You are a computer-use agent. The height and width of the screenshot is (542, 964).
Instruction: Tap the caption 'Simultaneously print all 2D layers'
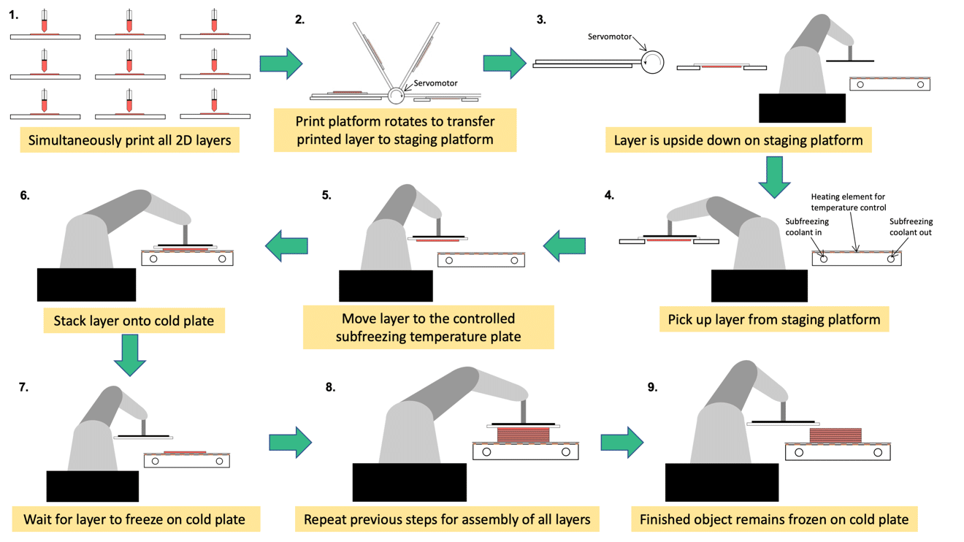point(129,140)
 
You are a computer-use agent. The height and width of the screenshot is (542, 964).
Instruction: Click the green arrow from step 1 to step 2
point(281,64)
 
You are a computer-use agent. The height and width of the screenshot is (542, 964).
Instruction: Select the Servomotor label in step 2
point(435,83)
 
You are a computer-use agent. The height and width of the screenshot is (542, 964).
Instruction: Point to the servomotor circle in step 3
point(652,62)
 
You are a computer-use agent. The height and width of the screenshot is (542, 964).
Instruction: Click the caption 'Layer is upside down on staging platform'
point(738,140)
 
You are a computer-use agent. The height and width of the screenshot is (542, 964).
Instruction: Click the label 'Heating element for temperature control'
point(849,202)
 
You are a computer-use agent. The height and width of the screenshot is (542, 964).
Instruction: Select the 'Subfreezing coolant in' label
point(807,227)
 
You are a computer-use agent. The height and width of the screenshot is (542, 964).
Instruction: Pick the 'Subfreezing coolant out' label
point(911,227)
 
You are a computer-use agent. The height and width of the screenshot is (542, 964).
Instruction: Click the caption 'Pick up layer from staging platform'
point(773,320)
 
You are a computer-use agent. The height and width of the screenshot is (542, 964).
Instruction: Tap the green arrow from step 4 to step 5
point(565,246)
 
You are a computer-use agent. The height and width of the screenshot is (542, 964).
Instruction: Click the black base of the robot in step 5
point(386,285)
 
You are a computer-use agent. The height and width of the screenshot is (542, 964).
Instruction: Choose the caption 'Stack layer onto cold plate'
point(134,321)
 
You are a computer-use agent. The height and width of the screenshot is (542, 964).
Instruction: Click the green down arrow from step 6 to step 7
point(130,356)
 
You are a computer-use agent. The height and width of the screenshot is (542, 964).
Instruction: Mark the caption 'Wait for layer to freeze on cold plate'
point(134,520)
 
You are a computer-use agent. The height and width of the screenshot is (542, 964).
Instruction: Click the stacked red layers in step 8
point(523,435)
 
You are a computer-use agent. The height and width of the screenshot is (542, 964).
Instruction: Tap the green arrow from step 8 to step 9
point(621,442)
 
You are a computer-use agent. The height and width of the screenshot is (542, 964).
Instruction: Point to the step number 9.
point(653,387)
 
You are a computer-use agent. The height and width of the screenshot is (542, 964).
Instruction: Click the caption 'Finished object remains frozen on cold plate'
point(774,520)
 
